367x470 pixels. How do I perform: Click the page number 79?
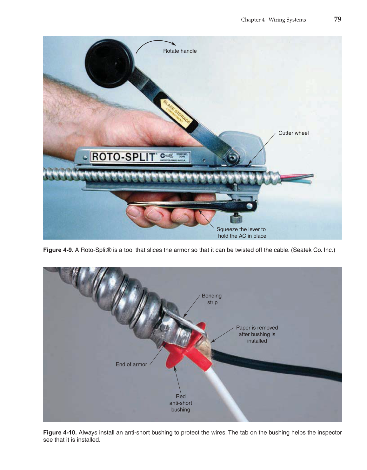(337, 19)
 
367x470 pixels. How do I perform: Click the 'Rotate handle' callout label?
(180, 51)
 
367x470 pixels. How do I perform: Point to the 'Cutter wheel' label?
(293, 133)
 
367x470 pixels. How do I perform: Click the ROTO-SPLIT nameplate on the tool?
(124, 157)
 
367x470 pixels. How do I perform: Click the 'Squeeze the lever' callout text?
(241, 233)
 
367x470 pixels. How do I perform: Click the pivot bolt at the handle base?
(233, 157)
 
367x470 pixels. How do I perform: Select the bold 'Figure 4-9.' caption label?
(58, 250)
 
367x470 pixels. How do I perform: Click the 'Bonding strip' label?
(212, 299)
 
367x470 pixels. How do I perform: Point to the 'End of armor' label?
(131, 364)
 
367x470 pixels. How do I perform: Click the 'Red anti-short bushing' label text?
(181, 403)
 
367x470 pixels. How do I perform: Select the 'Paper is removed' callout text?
(257, 334)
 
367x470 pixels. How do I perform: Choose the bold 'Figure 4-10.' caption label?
(60, 433)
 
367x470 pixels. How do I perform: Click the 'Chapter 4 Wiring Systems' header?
(273, 20)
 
